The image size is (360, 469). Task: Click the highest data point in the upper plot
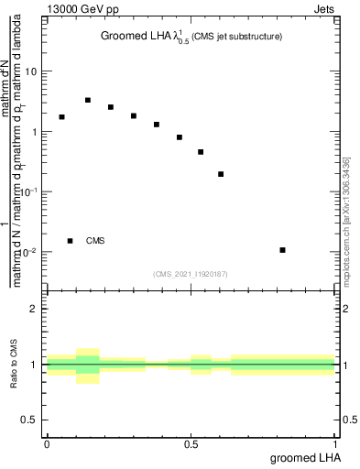click(87, 100)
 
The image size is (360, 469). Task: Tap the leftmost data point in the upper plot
click(61, 117)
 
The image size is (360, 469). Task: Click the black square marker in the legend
click(71, 241)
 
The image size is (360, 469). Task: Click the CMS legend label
click(95, 241)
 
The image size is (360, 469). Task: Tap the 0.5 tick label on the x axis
click(191, 444)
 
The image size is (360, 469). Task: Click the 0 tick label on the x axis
click(47, 444)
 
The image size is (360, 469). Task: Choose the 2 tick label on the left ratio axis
click(35, 309)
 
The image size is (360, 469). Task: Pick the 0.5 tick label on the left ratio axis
click(30, 420)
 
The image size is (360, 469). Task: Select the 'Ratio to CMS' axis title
click(15, 365)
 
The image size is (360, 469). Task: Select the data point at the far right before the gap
click(221, 174)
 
